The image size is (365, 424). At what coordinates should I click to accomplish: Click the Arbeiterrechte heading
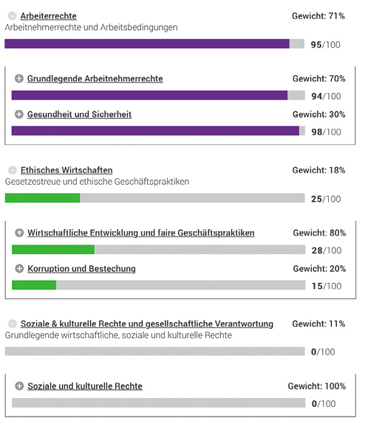click(48, 16)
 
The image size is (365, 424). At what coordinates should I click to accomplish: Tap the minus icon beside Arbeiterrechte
click(12, 16)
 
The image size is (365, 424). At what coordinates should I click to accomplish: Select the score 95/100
click(326, 44)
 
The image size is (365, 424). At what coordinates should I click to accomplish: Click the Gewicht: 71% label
click(318, 16)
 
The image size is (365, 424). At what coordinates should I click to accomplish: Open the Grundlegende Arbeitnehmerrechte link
click(95, 78)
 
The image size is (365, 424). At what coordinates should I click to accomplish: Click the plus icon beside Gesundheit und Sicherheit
click(19, 114)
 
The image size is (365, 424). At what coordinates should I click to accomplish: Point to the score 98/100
click(326, 131)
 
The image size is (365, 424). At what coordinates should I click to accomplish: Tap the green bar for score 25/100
click(42, 198)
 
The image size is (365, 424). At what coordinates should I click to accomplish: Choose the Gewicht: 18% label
click(318, 170)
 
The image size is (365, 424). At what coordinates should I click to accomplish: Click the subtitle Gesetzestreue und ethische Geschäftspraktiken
click(97, 182)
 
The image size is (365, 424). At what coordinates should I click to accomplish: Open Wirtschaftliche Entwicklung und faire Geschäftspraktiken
click(140, 233)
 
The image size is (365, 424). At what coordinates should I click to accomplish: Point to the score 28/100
click(326, 250)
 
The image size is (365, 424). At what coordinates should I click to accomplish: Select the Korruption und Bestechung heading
click(81, 269)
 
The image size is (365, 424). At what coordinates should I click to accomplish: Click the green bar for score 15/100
click(34, 285)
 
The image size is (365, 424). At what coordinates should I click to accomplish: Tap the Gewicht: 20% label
click(318, 269)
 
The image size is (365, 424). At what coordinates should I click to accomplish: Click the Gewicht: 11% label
click(318, 324)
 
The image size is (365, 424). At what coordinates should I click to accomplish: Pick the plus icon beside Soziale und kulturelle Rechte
click(19, 386)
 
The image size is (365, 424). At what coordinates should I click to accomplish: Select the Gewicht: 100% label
click(316, 386)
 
